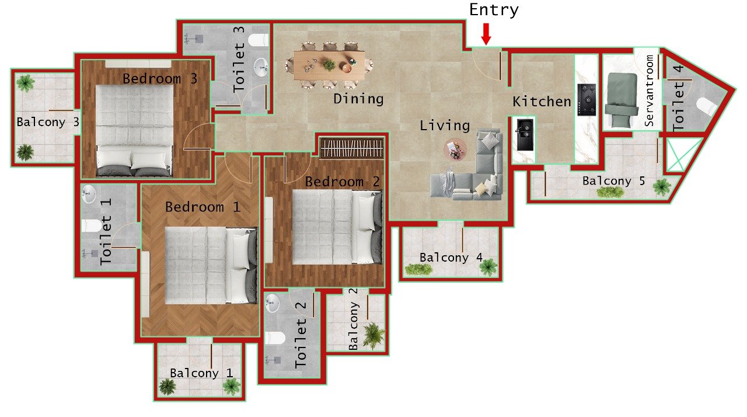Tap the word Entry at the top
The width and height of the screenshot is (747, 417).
tap(494, 10)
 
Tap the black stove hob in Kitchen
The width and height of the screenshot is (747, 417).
tap(586, 100)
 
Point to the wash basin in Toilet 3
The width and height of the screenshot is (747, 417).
tap(260, 68)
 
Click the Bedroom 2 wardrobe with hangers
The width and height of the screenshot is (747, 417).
tap(352, 148)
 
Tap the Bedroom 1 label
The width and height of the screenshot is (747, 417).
tap(203, 207)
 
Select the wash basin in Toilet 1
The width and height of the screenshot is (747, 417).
tap(89, 194)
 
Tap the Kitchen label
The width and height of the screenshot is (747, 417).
tap(542, 102)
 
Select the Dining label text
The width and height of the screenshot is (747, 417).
tap(358, 99)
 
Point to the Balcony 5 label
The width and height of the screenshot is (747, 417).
tap(613, 181)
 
